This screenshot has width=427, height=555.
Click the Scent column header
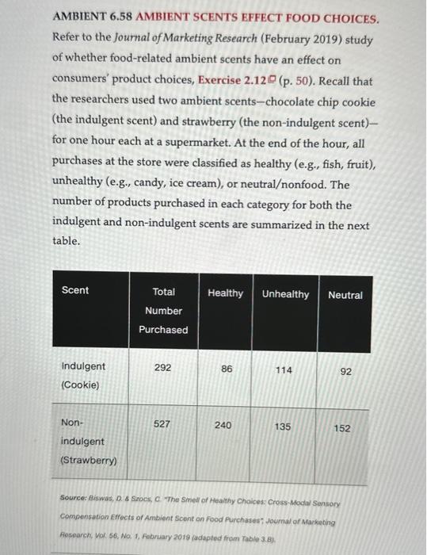coord(75,290)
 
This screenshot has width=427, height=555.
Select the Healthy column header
coord(225,293)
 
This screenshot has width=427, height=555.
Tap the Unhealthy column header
coord(285,294)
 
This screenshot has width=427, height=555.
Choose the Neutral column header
coord(345,295)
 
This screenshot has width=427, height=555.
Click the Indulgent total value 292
coord(162,367)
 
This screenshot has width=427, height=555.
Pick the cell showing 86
coord(227,369)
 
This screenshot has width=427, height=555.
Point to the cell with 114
coord(284,370)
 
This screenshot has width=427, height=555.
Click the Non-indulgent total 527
coord(162,423)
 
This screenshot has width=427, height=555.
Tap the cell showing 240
coord(223,425)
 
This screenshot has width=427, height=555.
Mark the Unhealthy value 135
coord(282,427)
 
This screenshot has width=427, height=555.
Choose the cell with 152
coord(341,428)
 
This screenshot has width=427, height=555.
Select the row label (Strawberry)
coord(88,460)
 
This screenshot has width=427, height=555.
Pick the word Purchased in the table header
coord(163,330)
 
